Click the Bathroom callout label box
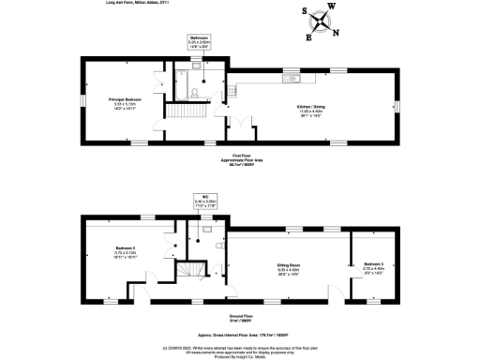tap(198, 41)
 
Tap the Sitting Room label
tap(288, 268)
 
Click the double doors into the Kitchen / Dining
tap(242, 123)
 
